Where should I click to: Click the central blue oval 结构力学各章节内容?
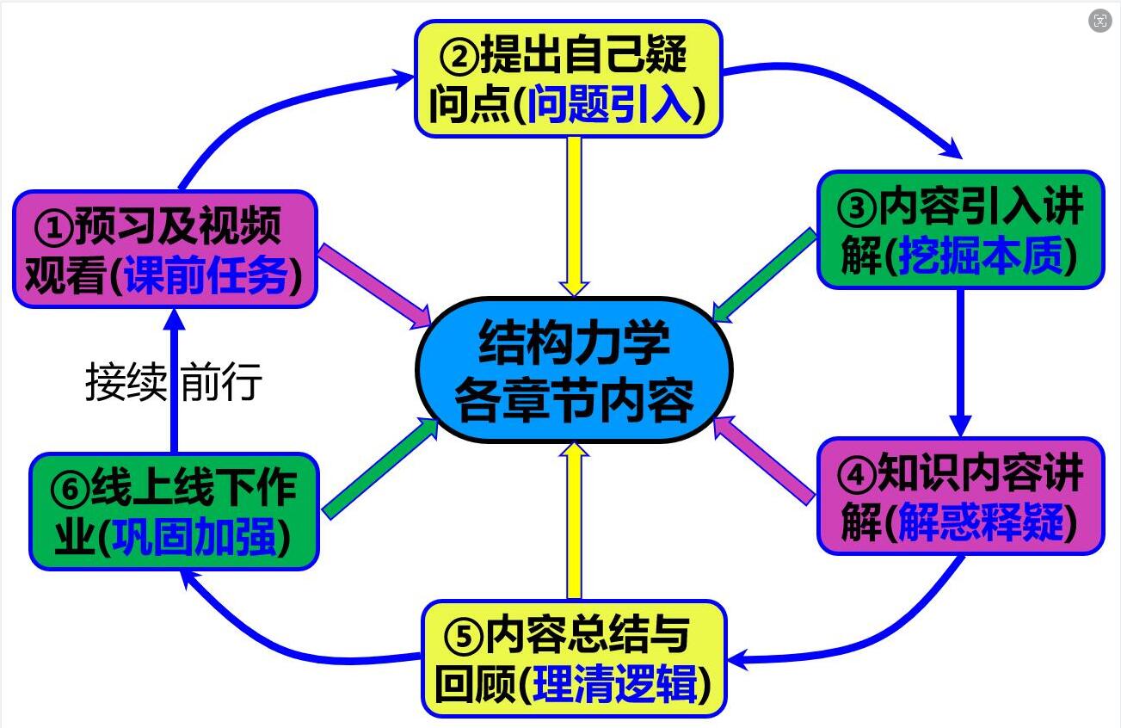point(574,370)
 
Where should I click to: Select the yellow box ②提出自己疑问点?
point(568,78)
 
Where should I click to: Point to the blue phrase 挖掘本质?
point(980,256)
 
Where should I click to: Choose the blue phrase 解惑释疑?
point(980,522)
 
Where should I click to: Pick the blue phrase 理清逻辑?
point(615,685)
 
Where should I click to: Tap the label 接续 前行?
point(173,382)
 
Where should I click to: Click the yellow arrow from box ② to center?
point(574,215)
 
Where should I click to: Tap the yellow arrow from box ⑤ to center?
point(574,521)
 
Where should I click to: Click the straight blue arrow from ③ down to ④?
point(960,361)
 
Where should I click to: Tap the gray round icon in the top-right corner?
point(1099,22)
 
